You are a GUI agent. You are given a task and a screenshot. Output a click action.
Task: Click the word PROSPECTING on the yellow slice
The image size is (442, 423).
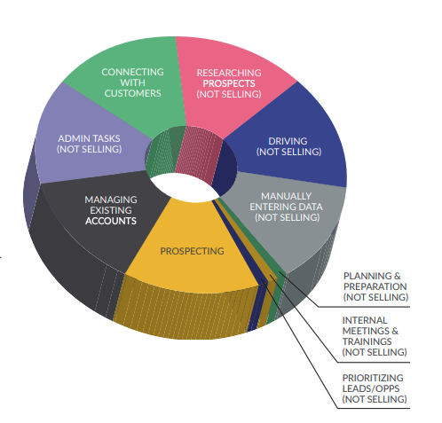pos(192,251)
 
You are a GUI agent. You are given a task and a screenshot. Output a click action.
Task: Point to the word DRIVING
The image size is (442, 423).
pos(288,141)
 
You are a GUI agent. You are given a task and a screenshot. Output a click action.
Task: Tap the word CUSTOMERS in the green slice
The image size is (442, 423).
pos(132,93)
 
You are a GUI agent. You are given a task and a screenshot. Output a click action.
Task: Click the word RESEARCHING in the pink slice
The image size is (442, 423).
pos(229,73)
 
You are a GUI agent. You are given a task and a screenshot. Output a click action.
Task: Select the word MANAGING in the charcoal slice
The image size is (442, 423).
pos(111,200)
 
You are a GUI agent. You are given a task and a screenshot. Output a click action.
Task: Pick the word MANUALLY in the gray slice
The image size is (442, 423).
pos(286,196)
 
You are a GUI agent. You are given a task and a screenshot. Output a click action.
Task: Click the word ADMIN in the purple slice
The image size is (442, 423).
pos(74,138)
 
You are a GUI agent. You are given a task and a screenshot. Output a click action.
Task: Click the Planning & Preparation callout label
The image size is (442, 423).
pos(375,286)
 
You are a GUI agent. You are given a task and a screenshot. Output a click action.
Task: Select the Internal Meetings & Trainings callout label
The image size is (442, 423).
pos(375,336)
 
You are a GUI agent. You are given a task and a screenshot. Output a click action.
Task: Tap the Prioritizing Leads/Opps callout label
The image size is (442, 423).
pos(375,388)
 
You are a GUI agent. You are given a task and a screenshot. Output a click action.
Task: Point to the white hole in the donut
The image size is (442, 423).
pos(184,187)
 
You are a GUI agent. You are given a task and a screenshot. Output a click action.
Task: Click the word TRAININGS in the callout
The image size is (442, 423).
pos(367,341)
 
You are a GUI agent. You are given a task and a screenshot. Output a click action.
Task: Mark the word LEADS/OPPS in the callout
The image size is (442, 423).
pos(371,388)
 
